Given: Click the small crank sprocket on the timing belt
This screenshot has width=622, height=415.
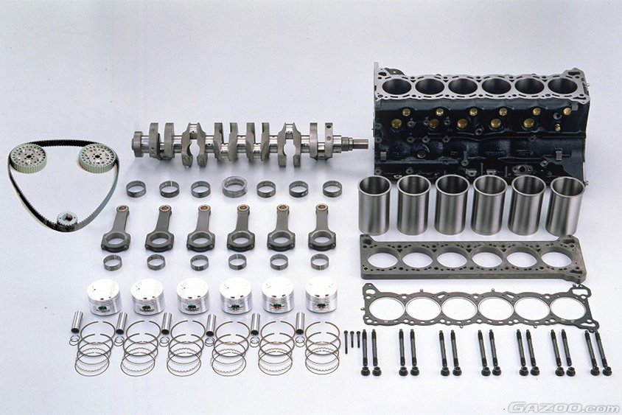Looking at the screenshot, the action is point(66,218).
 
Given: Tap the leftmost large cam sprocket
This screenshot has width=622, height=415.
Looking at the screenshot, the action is point(28,158).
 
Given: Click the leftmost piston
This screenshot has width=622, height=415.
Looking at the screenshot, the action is point(105,296).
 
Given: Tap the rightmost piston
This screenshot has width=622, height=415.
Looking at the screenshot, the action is point(321,294).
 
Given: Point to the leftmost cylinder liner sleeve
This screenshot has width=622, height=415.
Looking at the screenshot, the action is point(374,205).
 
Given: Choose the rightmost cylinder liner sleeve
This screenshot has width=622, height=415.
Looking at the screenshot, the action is point(564,206).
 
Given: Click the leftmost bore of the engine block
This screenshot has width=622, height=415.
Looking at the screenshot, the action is point(397,86).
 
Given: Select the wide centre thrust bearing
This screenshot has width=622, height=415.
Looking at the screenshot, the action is point(234,186).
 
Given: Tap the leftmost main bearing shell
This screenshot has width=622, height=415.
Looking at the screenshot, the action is point(136,189).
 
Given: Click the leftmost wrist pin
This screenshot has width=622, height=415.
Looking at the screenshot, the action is point(77,322).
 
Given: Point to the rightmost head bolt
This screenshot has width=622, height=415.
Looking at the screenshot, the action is point(603,354).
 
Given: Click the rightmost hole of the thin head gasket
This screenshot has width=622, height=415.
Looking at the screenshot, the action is point(569,309).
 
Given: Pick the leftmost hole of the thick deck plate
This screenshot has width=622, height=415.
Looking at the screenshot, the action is point(382,259).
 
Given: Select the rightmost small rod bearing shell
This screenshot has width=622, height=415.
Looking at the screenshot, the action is point(320,262).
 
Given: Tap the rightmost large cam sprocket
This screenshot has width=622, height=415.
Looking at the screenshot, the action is point(97,157).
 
